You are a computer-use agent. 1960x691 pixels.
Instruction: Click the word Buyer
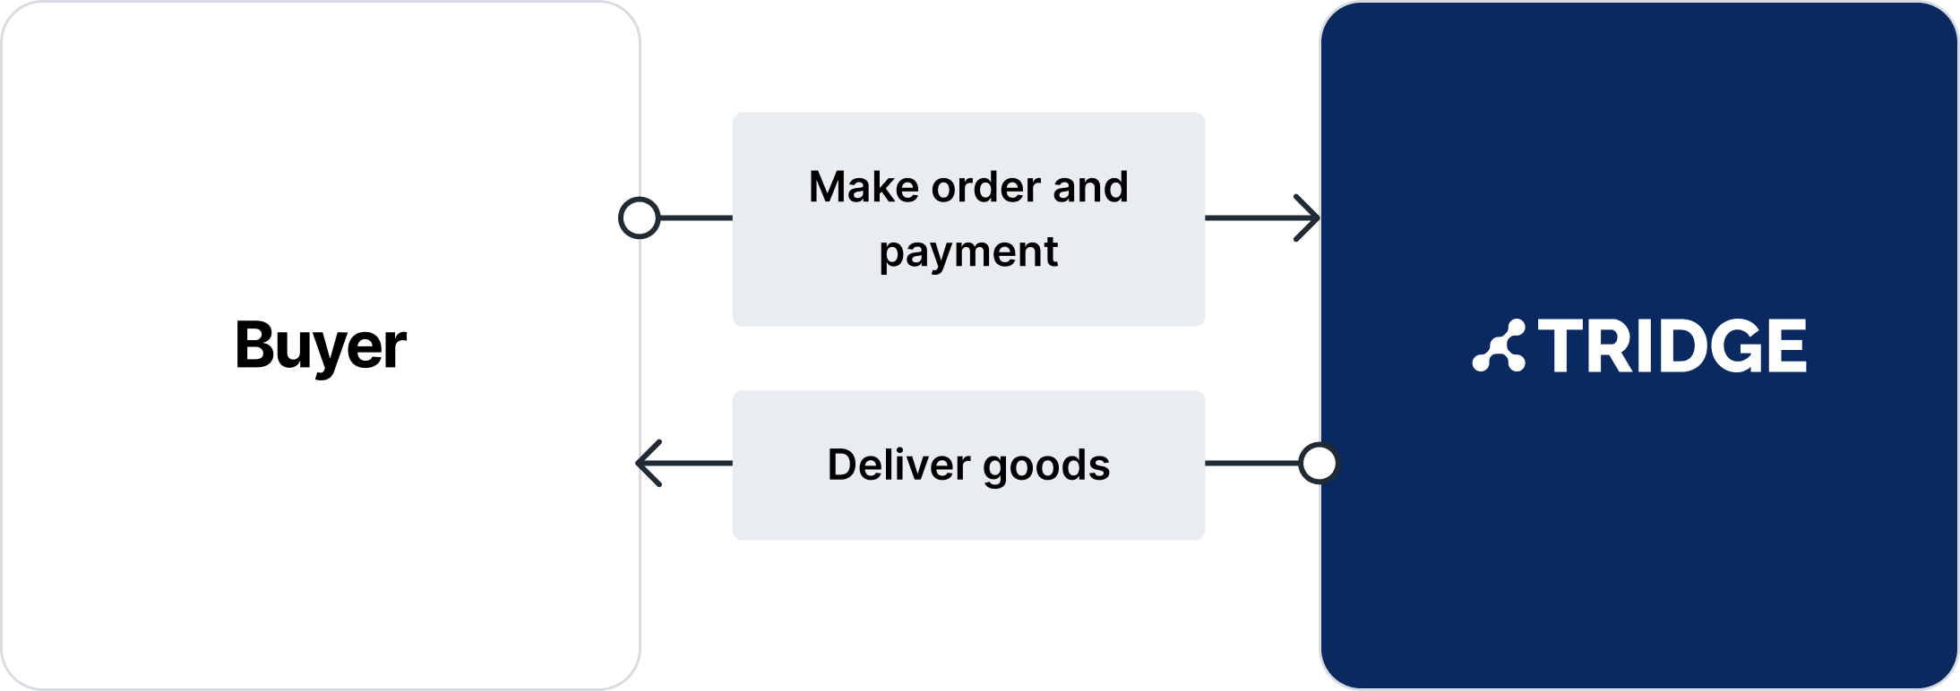coord(321,345)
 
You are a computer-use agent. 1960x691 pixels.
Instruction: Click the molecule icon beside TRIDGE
coord(1499,345)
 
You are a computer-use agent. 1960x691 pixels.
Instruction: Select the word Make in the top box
coord(863,187)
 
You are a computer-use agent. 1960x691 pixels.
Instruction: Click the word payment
coord(968,252)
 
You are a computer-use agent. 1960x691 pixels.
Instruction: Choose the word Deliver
coord(898,465)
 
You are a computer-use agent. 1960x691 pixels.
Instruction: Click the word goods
coord(1046,466)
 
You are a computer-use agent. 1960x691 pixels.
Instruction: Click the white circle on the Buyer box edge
coord(640,218)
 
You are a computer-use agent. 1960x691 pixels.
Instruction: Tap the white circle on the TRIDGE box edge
coord(1319,464)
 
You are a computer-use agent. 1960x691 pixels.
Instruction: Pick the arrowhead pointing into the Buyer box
coord(649,463)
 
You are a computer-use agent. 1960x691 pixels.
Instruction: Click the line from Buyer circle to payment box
coord(696,218)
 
